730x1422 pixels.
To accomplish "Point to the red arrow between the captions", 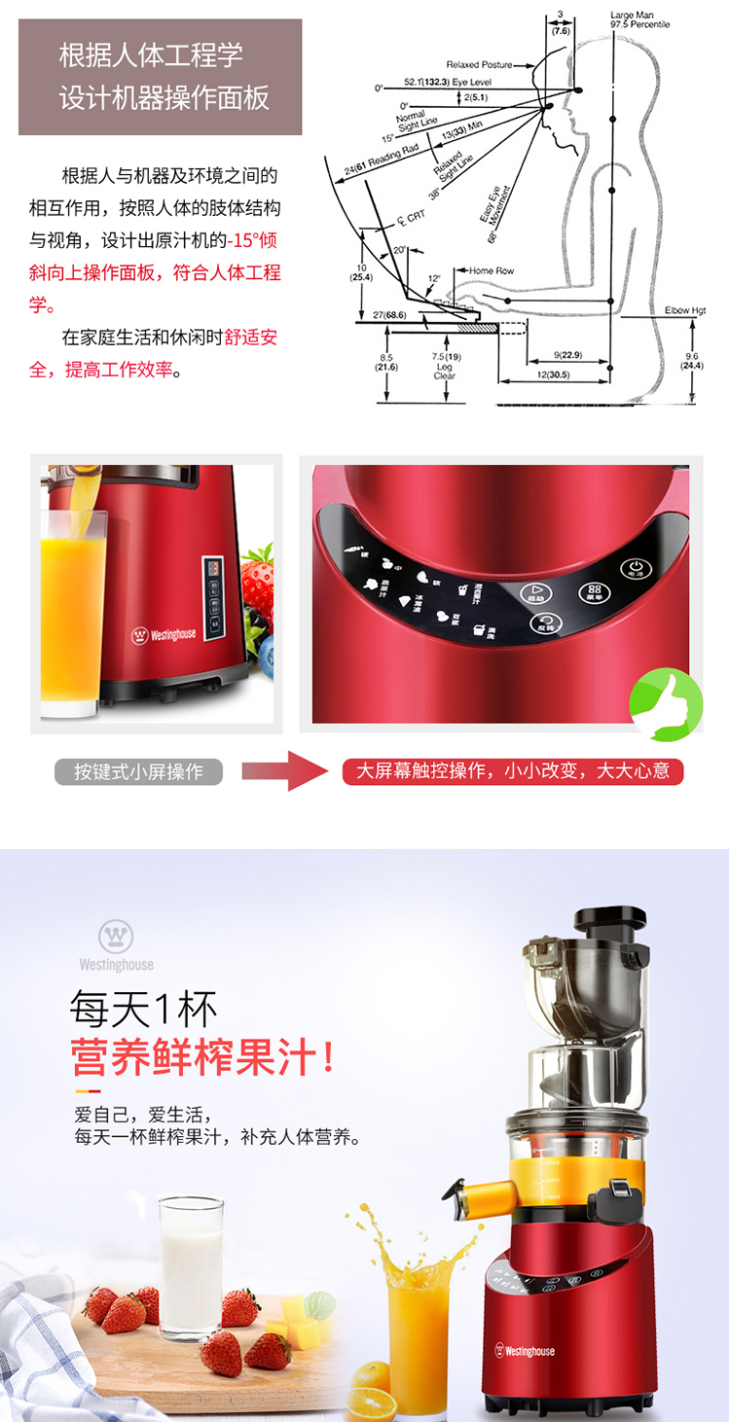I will (283, 771).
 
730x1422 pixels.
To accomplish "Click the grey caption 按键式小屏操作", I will (138, 772).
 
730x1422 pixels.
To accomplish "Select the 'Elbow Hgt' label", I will (684, 311).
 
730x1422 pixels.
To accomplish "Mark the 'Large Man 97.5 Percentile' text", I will (639, 19).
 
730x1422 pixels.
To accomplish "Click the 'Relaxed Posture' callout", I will (479, 64).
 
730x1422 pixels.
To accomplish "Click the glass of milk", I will (192, 1264).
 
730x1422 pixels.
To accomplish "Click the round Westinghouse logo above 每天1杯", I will (116, 937).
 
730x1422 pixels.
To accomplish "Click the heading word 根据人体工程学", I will (151, 54).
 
